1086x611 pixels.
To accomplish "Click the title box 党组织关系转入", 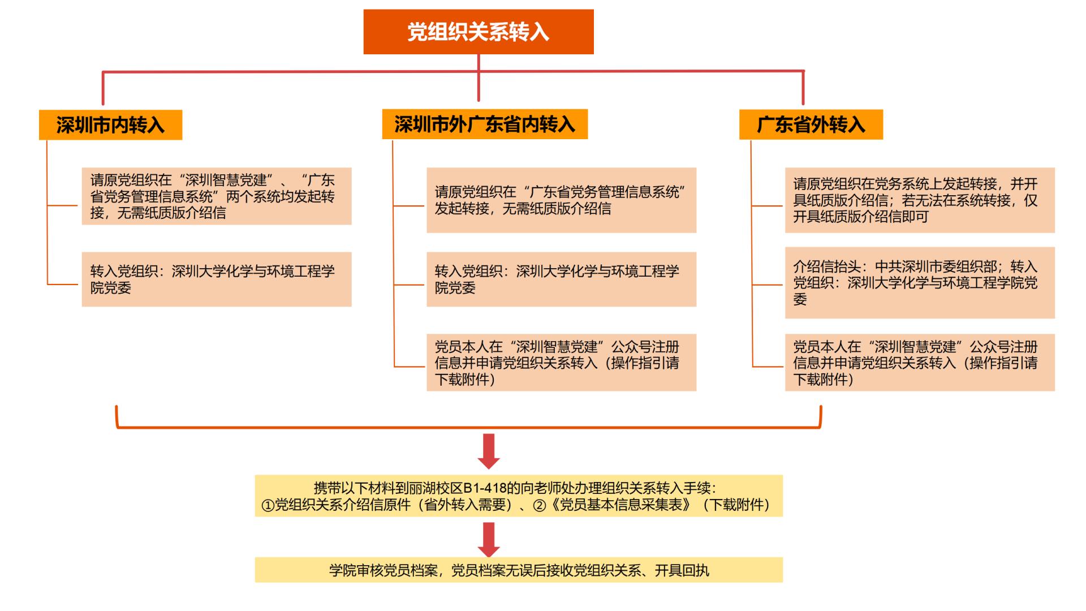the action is coord(479,32).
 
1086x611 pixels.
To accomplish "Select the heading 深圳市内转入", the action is coord(110,124).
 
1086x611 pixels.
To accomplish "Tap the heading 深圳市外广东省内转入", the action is coord(485,124).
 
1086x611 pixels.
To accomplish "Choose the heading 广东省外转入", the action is coord(811,124).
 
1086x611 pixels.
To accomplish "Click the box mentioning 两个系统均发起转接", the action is coord(217,196).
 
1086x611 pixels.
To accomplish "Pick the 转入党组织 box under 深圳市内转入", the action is coord(217,279).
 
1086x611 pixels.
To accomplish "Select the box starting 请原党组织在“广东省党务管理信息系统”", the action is coord(561,200).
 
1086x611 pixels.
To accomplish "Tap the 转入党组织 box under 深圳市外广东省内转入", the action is coord(561,279).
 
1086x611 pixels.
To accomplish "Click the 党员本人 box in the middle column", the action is coord(561,363).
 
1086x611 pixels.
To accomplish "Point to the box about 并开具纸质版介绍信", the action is coord(920,200).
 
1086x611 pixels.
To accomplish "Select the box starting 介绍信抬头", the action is coord(920,283).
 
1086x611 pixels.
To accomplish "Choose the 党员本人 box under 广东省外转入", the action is coord(920,363).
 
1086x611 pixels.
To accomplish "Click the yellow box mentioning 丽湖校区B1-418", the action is coord(519,496).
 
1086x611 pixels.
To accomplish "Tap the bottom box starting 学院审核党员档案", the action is coord(519,570).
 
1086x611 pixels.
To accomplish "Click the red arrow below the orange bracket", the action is coord(489,451).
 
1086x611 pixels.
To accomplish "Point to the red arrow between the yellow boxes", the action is coord(489,539).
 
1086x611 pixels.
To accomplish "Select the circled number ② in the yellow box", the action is coord(540,505).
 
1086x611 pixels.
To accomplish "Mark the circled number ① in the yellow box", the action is coord(268,505).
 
